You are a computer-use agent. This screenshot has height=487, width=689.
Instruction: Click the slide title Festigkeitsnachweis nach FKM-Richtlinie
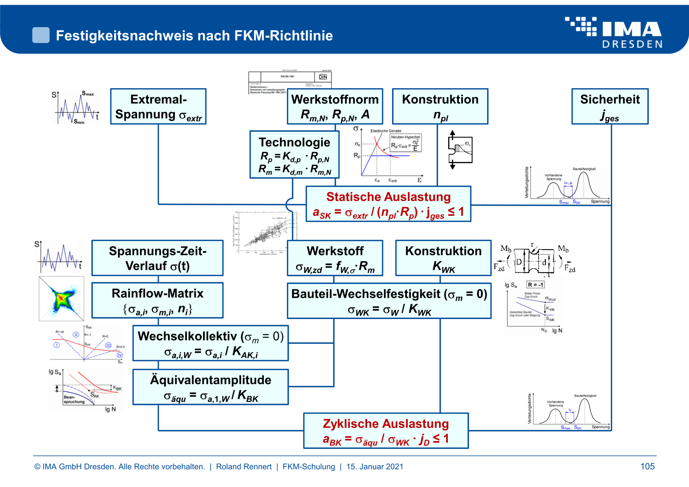pos(194,36)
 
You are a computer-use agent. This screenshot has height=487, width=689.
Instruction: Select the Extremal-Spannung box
pos(158,107)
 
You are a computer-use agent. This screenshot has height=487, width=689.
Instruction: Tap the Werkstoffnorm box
pos(335,107)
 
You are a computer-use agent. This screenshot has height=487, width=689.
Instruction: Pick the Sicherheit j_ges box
pos(610,107)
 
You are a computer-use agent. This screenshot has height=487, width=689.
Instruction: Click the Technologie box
pos(294,155)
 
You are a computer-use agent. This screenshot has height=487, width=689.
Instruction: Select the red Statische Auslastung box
pos(388,204)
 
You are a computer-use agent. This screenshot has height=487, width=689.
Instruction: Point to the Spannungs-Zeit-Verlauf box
pos(158,258)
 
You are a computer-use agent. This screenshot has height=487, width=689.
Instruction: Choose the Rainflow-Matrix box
pos(158,300)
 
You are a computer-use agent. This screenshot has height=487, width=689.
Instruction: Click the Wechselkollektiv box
pos(211,343)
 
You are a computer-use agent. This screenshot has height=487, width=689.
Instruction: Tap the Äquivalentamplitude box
pos(211,387)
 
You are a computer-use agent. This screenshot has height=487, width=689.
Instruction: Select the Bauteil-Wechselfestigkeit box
pos(389,301)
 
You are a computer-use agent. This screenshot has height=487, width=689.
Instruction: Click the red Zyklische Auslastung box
pos(386,431)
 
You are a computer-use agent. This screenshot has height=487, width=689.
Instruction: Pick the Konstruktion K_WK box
pos(443,258)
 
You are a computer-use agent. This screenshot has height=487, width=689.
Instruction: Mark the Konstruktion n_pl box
pos(440,107)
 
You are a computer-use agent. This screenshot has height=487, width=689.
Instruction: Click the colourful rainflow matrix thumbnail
pos(61,299)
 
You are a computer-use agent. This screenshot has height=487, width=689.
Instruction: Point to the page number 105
pos(647,466)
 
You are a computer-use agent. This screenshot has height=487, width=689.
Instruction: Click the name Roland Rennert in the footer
pos(244,467)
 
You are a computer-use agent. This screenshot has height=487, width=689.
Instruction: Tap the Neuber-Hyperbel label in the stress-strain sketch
pos(405,137)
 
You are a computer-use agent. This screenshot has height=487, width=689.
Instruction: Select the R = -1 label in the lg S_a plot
pos(535,285)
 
